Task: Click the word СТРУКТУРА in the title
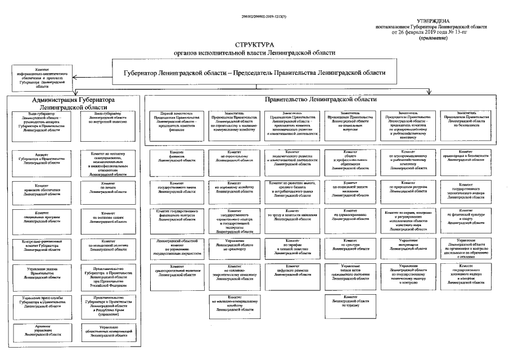[254, 44]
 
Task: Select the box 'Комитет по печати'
[109, 188]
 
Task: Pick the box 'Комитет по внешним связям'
[109, 218]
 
